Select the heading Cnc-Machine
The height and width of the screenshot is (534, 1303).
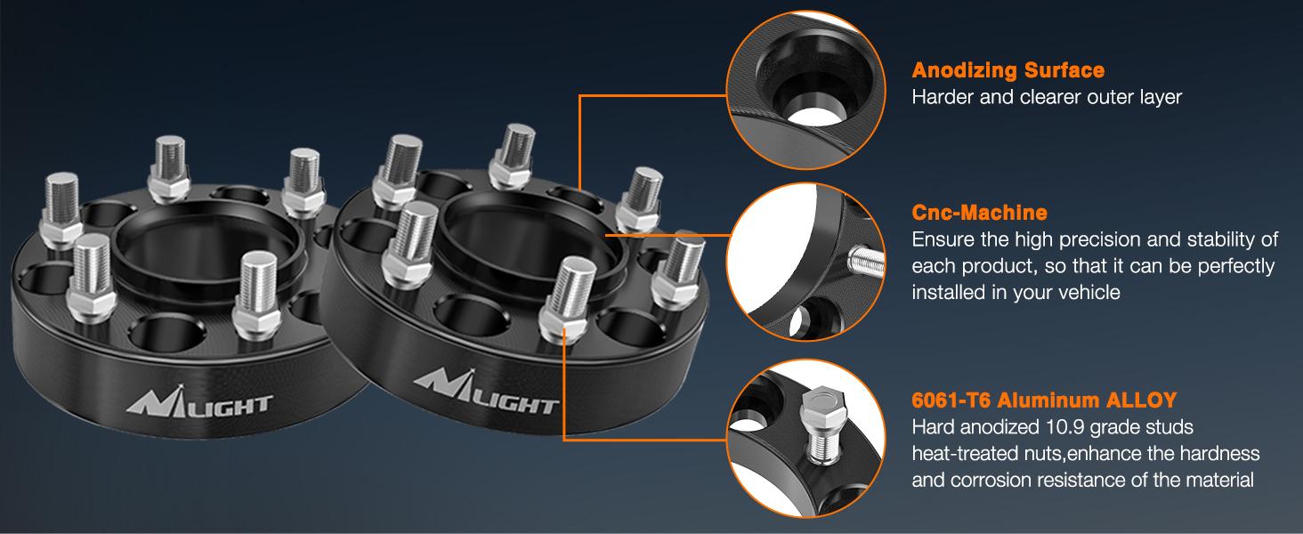[979, 213]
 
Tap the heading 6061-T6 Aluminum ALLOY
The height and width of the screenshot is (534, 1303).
[1044, 400]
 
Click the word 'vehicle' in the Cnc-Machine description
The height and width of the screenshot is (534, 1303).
[1087, 293]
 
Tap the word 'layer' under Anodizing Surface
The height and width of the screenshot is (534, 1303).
[1157, 97]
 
